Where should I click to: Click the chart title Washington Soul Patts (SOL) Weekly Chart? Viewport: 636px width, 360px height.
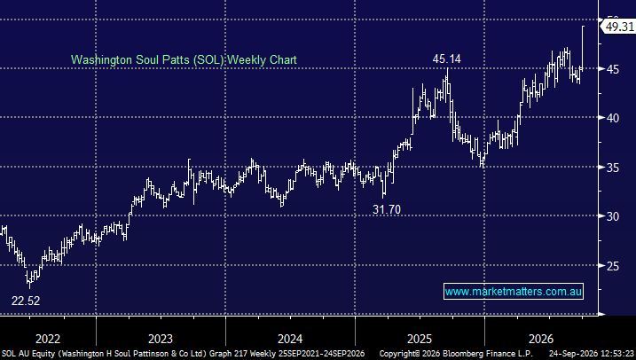coord(184,60)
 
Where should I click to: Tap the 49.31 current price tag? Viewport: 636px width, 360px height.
coord(617,27)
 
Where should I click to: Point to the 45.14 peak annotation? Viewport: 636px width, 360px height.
coord(446,59)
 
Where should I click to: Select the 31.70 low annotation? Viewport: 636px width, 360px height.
coord(387,209)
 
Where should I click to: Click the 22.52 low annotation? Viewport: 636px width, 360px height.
coord(26,301)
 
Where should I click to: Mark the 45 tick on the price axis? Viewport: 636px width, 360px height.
coord(613,69)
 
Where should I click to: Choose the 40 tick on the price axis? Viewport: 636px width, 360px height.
coord(613,118)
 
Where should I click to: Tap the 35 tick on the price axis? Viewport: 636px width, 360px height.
coord(613,168)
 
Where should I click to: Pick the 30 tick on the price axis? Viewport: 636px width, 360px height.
coord(613,216)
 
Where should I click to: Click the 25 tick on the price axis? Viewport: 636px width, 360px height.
coord(613,266)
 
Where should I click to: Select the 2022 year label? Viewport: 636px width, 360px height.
coord(48,339)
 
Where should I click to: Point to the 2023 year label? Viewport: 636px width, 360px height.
coord(161,339)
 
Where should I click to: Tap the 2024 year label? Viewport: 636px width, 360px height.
coord(290,339)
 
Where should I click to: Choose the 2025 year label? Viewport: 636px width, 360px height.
coord(420,339)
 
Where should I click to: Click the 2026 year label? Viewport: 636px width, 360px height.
coord(541,339)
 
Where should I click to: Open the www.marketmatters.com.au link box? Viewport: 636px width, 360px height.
coord(514,292)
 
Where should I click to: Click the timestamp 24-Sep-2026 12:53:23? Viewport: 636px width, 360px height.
coord(592,354)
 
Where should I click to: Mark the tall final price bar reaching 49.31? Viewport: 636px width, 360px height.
coord(583,48)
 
